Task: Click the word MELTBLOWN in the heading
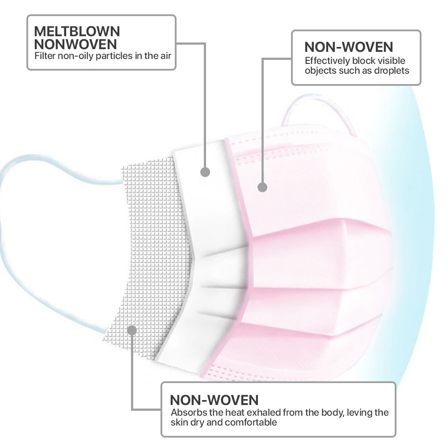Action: pos(77,31)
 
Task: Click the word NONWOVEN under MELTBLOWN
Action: pos(76,44)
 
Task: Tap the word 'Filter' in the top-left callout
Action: pos(45,55)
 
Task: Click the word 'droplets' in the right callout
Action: pos(392,71)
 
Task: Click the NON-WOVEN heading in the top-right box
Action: pos(349,47)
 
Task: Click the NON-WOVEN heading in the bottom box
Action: pos(214,400)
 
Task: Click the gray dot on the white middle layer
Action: pos(205,172)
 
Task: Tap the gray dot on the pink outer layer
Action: pos(262,187)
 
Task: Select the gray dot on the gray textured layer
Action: pos(132,330)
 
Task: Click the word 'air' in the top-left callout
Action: pos(166,55)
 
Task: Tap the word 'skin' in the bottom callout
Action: pos(179,422)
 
